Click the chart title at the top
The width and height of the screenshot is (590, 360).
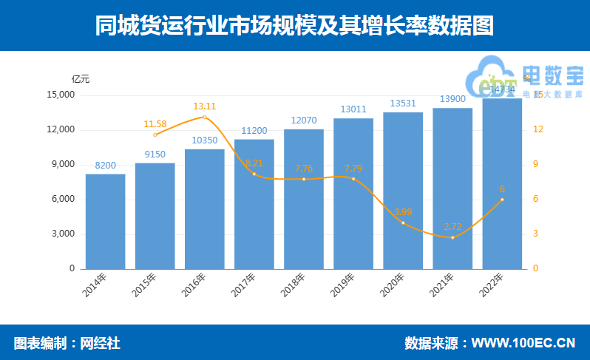click(294, 27)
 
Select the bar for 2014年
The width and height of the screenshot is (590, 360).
click(105, 221)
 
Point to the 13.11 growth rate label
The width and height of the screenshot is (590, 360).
click(205, 106)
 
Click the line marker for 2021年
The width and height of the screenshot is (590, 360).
click(452, 237)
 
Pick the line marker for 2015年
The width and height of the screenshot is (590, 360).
click(155, 135)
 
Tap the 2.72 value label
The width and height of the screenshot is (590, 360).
click(452, 226)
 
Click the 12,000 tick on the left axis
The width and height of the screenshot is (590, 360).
click(61, 130)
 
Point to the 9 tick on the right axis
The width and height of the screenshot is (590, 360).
click(538, 165)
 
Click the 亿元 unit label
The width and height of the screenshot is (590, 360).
click(81, 79)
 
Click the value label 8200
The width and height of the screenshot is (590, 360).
click(105, 166)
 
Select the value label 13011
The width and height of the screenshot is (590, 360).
click(353, 109)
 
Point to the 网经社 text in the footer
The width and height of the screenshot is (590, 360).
click(100, 343)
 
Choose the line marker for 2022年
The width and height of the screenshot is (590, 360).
click(502, 200)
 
